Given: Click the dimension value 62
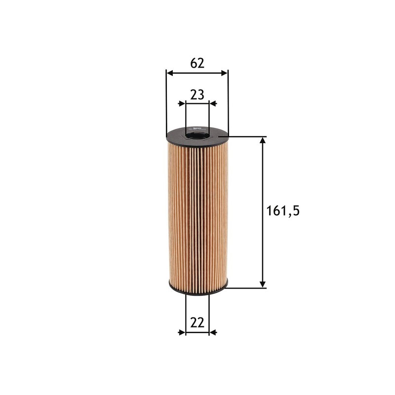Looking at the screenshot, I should point(197,63).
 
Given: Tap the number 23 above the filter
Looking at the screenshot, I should point(197,95).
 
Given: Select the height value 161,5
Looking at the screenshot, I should point(283,211).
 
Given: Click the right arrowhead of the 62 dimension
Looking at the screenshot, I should point(224,73).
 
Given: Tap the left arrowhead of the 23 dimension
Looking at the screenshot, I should point(182,104).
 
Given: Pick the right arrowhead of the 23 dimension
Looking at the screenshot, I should point(213,104).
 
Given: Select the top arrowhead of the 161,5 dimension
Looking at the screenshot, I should point(263,141).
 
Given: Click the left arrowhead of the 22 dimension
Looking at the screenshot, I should point(182,332).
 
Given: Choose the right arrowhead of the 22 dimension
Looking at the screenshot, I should point(213,332).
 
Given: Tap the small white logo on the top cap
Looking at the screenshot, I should point(197,129).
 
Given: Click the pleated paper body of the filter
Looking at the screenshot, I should point(197,212).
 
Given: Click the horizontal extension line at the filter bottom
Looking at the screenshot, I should point(247,287).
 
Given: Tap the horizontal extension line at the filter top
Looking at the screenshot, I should point(247,136).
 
